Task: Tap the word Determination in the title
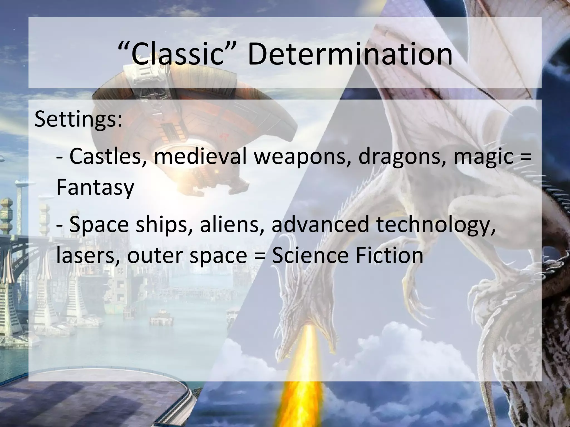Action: click(350, 54)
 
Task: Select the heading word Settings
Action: click(78, 119)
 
